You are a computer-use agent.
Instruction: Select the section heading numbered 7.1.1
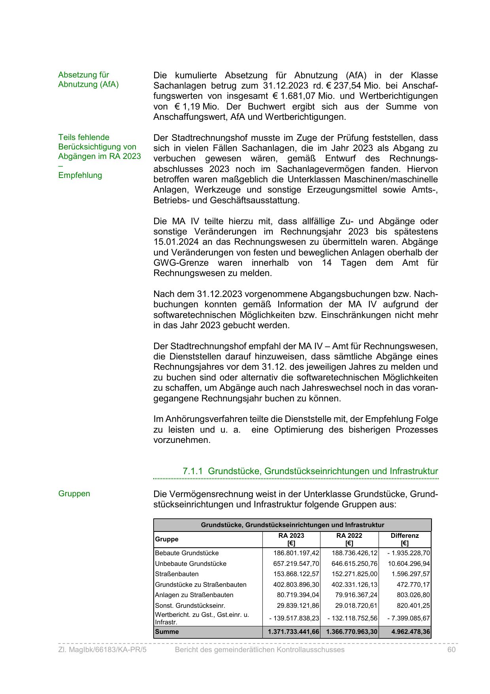click(310, 471)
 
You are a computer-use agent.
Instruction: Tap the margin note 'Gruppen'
click(74, 494)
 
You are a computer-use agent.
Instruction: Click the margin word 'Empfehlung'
click(80, 175)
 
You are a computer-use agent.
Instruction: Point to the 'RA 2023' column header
click(291, 539)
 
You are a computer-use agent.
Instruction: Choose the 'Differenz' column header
click(405, 539)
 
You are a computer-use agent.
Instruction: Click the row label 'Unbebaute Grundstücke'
click(190, 564)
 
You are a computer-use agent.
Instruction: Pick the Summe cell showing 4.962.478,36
click(411, 632)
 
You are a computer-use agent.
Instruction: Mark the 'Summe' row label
click(167, 632)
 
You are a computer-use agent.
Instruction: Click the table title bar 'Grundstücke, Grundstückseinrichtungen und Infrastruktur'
click(292, 525)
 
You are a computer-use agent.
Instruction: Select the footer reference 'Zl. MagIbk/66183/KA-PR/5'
click(102, 650)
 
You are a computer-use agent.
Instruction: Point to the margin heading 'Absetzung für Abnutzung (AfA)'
click(89, 79)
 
